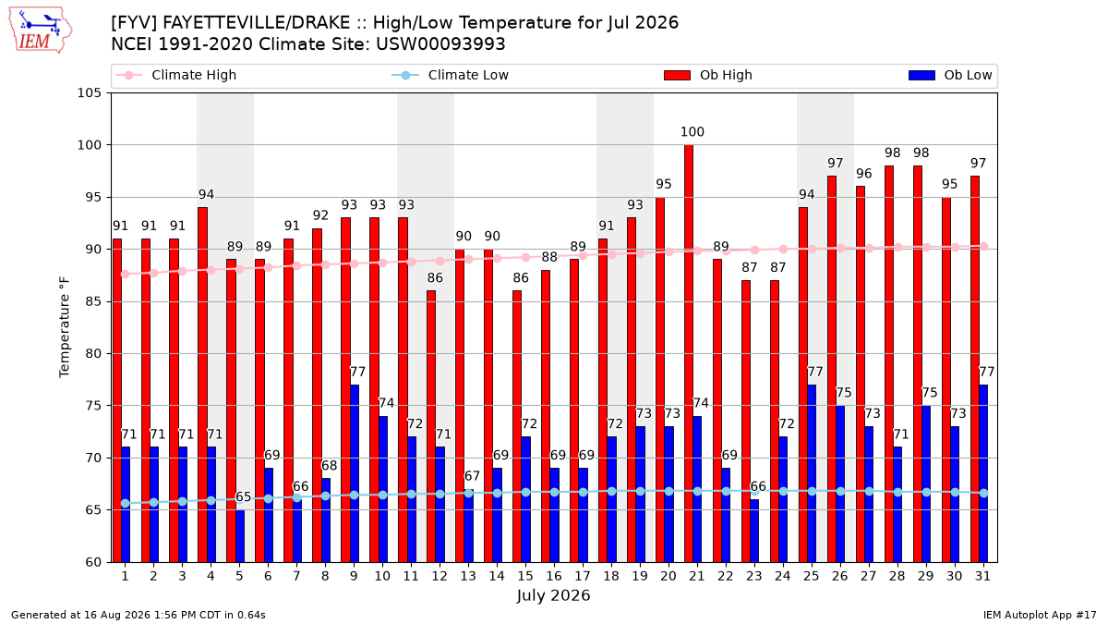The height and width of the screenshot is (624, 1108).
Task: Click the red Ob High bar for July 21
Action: click(689, 353)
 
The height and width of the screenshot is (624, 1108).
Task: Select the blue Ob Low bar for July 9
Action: click(355, 473)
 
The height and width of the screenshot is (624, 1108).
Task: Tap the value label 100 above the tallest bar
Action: click(692, 131)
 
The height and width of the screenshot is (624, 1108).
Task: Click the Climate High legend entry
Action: click(176, 75)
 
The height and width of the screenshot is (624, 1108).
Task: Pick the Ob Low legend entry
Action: click(950, 75)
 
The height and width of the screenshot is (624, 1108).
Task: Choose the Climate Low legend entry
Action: click(451, 75)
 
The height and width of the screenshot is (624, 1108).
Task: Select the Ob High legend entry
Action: click(708, 75)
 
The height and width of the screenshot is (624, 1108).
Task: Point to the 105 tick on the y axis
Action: click(89, 93)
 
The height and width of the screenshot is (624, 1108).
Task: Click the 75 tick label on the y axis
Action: click(93, 406)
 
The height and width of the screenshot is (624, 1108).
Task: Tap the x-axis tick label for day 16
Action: click(554, 576)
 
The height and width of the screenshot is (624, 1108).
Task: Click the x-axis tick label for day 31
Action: click(982, 576)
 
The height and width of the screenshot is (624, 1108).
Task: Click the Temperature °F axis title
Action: click(65, 327)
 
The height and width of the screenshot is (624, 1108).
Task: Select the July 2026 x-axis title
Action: click(553, 595)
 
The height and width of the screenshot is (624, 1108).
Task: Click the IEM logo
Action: click(41, 31)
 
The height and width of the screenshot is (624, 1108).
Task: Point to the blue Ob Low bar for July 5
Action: click(240, 536)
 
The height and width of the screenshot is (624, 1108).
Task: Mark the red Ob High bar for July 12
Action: click(431, 426)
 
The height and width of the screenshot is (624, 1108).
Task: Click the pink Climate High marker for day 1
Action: click(126, 274)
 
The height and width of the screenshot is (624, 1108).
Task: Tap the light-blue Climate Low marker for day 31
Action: click(984, 494)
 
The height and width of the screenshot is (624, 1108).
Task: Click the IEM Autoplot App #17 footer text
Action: click(1040, 615)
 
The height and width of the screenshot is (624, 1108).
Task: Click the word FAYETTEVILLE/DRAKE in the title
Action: click(257, 23)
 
